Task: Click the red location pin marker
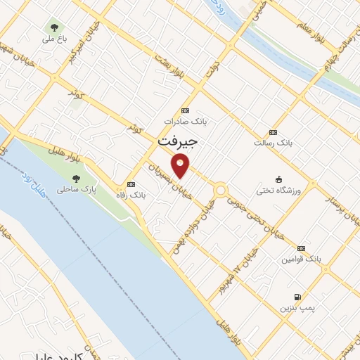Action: tap(181, 166)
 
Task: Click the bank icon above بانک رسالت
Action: tap(273, 132)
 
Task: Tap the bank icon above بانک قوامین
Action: tap(301, 248)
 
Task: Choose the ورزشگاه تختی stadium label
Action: tap(280, 190)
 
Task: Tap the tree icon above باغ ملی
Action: tap(54, 27)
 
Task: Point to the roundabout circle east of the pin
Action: tap(221, 190)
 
